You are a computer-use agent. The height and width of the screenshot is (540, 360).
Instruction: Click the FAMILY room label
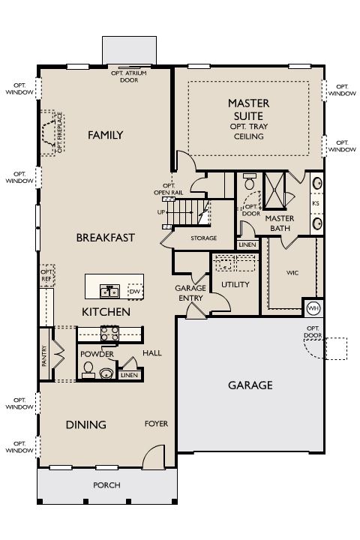pyautogui.click(x=106, y=135)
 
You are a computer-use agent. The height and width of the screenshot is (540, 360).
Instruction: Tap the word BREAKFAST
pyautogui.click(x=106, y=238)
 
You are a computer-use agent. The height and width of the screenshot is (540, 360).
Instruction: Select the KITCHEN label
pyautogui.click(x=106, y=312)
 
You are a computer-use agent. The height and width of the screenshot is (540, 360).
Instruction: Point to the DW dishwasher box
pyautogui.click(x=136, y=292)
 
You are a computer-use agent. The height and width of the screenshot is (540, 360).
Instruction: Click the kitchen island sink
pyautogui.click(x=110, y=291)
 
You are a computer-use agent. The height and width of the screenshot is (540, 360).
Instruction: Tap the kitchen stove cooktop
pyautogui.click(x=109, y=333)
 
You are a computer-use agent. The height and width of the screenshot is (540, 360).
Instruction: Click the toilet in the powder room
pyautogui.click(x=88, y=370)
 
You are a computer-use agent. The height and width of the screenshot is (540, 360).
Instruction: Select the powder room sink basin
pyautogui.click(x=106, y=373)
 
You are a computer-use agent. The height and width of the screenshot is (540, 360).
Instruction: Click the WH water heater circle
pyautogui.click(x=313, y=308)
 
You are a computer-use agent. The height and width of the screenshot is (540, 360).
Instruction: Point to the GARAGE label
pyautogui.click(x=250, y=385)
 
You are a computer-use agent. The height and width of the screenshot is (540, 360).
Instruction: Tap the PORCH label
pyautogui.click(x=106, y=485)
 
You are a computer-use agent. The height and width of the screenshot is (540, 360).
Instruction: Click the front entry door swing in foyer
pyautogui.click(x=154, y=457)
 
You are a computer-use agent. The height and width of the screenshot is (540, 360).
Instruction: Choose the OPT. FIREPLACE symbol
pyautogui.click(x=52, y=133)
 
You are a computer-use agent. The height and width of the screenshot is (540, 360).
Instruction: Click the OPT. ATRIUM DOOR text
pyautogui.click(x=129, y=76)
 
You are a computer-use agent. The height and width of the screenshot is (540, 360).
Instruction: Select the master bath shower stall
pyautogui.click(x=274, y=190)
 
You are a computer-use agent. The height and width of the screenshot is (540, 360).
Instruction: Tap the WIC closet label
pyautogui.click(x=292, y=273)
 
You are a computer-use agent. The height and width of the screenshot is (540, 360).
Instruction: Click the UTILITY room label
pyautogui.click(x=235, y=284)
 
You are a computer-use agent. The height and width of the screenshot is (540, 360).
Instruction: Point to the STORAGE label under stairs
pyautogui.click(x=204, y=238)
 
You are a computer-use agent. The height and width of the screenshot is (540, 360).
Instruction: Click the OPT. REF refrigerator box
pyautogui.click(x=47, y=275)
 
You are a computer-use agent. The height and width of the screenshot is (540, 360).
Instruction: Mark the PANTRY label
pyautogui.click(x=44, y=355)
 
